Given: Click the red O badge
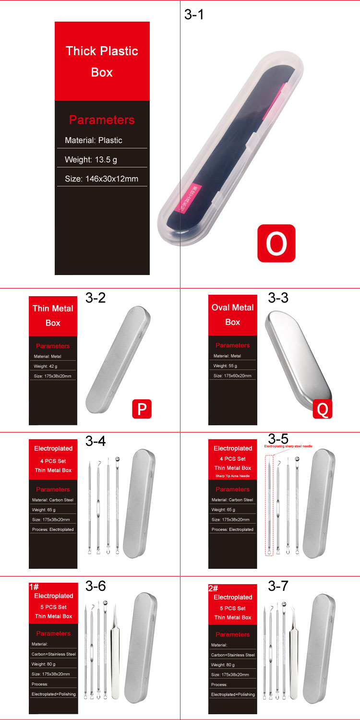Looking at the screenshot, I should [276, 243].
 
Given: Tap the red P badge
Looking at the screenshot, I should [142, 408].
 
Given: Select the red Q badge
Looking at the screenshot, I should [322, 408].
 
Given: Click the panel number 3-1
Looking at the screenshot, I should [194, 14].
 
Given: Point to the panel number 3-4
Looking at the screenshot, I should [96, 441].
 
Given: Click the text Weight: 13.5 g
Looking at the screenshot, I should [91, 159].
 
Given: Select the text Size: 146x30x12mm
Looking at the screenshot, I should [101, 179].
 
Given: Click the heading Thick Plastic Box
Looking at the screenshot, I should [102, 61].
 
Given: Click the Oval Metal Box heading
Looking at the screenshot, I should [233, 314].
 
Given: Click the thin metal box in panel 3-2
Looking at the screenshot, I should [118, 360].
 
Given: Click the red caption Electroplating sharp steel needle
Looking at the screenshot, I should [288, 446].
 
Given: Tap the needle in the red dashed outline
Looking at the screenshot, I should [269, 504].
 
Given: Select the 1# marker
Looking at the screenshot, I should [34, 587].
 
